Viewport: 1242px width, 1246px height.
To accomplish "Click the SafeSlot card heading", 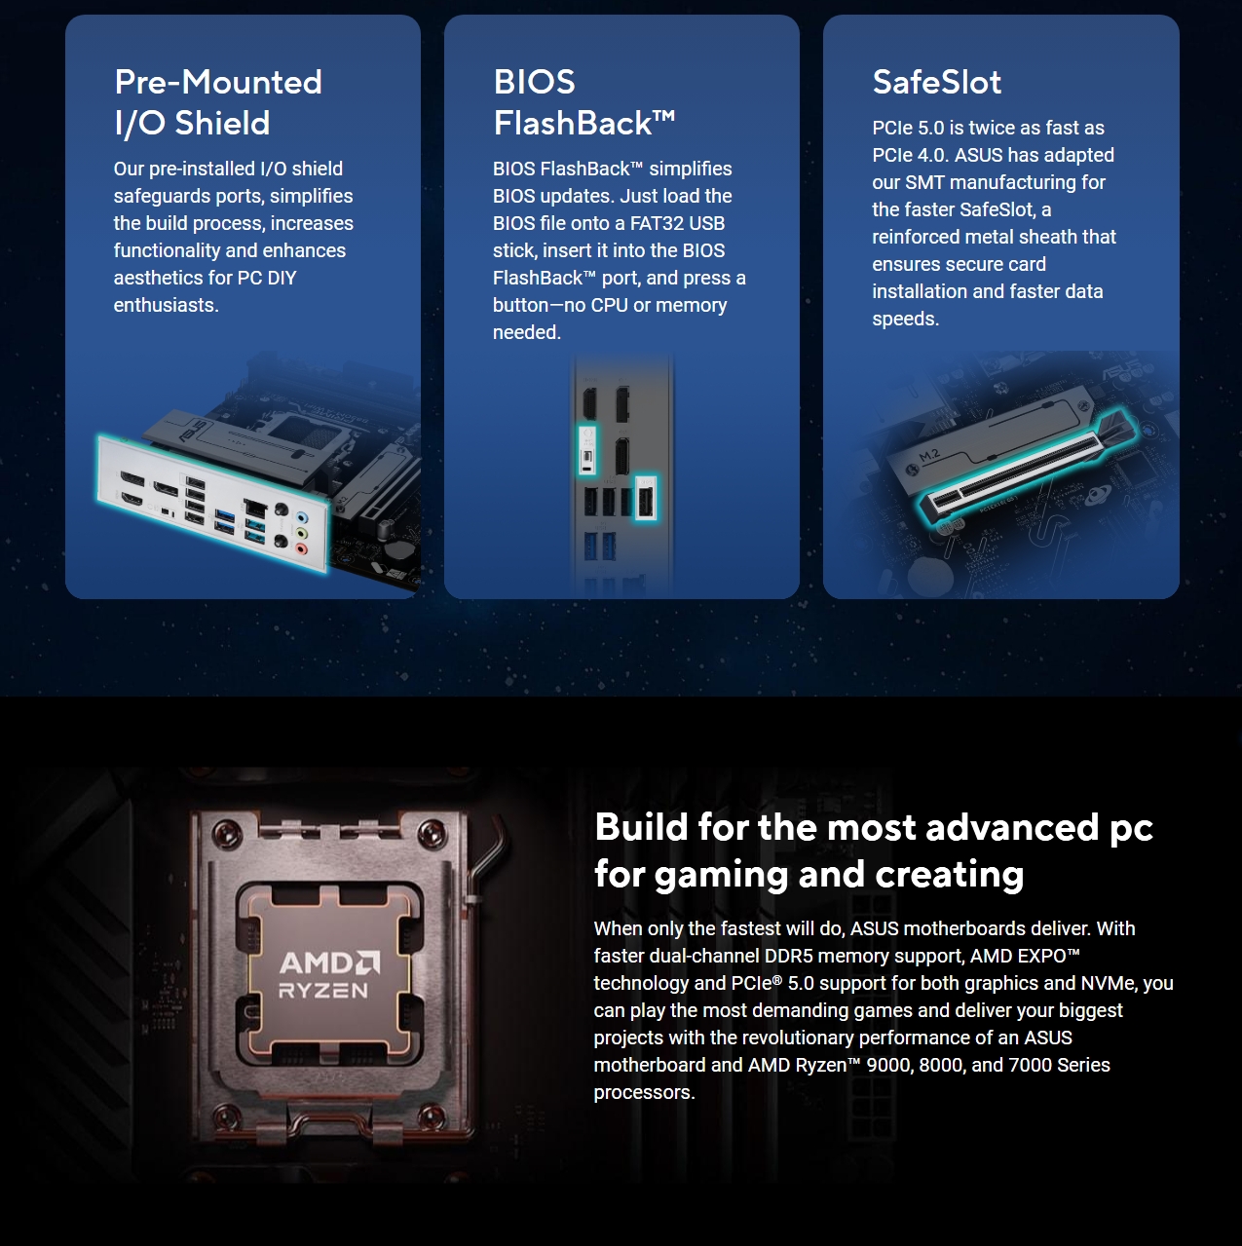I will click(x=936, y=83).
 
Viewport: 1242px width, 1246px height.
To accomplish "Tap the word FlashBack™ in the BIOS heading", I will click(x=583, y=124).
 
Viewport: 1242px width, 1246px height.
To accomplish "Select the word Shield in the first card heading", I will click(x=223, y=124).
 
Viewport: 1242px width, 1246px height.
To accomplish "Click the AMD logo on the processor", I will click(x=329, y=963).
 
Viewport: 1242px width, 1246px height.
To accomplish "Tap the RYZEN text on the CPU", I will click(x=323, y=992).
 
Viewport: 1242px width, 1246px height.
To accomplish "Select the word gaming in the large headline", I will click(x=721, y=875).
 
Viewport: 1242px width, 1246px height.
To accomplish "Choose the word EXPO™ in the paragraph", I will click(x=1048, y=956).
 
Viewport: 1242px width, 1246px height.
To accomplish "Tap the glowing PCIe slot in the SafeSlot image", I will click(x=1023, y=466).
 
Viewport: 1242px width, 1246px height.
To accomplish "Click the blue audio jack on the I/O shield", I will click(x=302, y=518).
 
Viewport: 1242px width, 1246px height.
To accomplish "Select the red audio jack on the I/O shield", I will click(x=301, y=548).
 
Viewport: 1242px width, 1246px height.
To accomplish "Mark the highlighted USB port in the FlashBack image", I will click(x=645, y=499).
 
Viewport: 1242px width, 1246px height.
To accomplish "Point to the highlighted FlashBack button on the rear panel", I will click(x=587, y=450).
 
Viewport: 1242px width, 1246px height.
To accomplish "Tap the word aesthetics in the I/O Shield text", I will click(x=158, y=278).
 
